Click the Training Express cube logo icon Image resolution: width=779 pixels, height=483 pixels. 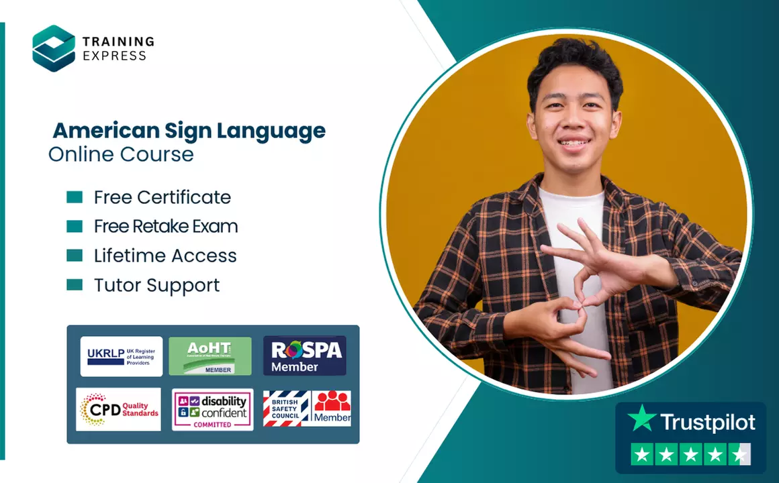(54, 48)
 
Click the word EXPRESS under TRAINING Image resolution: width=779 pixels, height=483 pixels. (114, 56)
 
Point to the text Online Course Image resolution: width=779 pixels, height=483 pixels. (121, 154)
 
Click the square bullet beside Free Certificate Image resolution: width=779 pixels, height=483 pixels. (75, 197)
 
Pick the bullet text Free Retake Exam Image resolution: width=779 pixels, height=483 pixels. (166, 227)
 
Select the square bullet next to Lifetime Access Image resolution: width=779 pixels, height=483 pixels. (75, 256)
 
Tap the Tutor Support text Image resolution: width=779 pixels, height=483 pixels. (157, 285)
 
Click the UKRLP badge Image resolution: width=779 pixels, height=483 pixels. (122, 356)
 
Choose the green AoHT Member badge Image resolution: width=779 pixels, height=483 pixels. (210, 356)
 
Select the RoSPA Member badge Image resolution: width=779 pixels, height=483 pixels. (305, 356)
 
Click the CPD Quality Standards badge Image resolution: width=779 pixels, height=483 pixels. (119, 409)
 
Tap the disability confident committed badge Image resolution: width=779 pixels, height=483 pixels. (212, 409)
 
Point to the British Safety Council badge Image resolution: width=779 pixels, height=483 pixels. (287, 409)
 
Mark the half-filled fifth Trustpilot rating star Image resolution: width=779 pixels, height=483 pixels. (739, 454)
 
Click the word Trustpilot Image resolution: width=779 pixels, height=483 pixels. (707, 422)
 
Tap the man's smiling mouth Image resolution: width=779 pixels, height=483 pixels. (574, 144)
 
